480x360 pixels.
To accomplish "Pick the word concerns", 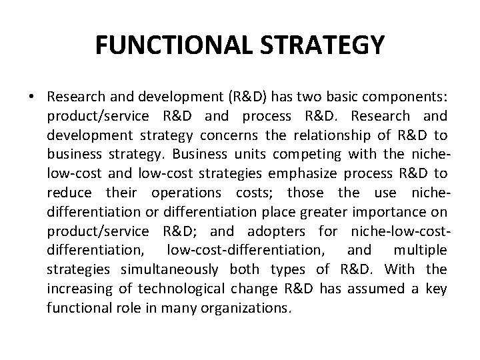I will (x=221, y=136).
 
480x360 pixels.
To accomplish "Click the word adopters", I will (x=275, y=231).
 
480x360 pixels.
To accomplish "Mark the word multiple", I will (x=421, y=250).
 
